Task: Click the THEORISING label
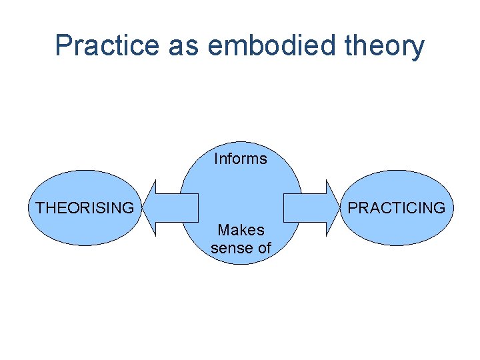point(85,208)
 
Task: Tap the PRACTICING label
point(397,208)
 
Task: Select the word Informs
point(240,159)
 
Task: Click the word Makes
point(241,230)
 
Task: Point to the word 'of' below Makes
point(264,248)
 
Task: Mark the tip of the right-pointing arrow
point(339,208)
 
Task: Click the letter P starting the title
point(64,45)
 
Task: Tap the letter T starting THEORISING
point(40,208)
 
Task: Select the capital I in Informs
point(216,159)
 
